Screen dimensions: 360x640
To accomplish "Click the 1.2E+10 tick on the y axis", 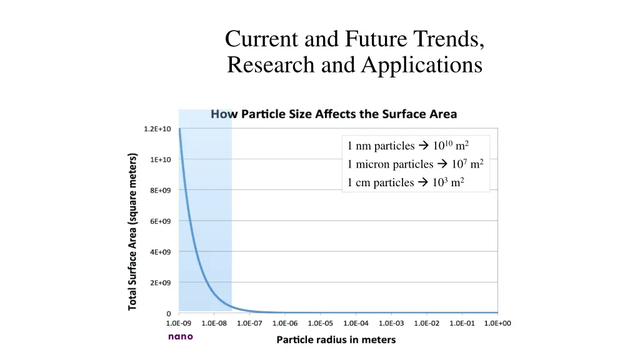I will [158, 129].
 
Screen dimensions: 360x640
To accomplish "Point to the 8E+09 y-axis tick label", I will [160, 190].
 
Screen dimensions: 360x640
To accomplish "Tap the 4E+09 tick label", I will [160, 252].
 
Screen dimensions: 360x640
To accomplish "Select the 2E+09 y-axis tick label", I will [160, 282].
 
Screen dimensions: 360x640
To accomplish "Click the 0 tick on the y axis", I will [168, 314].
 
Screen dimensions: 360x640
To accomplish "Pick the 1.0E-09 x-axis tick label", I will [179, 323].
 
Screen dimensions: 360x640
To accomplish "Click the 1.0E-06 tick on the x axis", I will [285, 323].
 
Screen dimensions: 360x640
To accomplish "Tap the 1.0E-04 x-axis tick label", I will [356, 323].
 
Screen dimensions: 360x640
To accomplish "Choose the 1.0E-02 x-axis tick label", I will [427, 323].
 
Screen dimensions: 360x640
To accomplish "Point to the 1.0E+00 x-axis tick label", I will [498, 323].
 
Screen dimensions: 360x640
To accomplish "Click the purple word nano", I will [181, 336].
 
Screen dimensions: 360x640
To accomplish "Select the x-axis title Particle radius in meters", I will [336, 340].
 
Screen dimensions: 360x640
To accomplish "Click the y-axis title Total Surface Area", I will [132, 231].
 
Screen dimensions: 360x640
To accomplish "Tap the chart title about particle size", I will [334, 114].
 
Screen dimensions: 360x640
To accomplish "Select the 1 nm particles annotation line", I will [408, 146].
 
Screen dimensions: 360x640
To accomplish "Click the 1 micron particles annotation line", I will [415, 164].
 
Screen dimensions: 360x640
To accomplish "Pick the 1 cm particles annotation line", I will [405, 182].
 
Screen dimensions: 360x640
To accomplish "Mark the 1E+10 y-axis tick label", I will [160, 159].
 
